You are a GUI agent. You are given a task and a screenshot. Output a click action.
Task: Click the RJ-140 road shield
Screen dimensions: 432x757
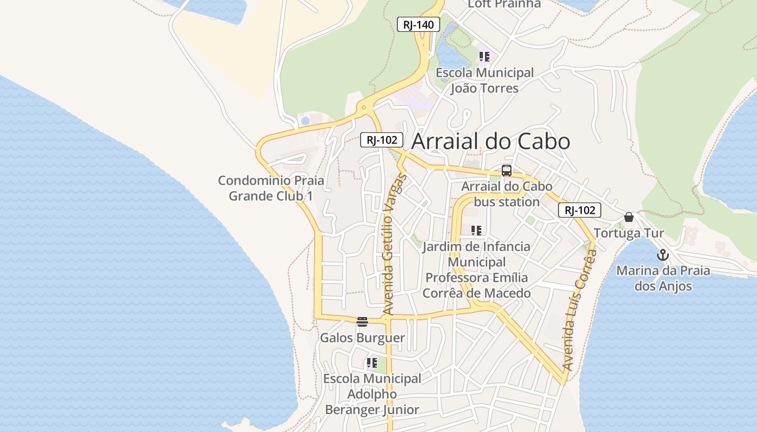tap(419, 24)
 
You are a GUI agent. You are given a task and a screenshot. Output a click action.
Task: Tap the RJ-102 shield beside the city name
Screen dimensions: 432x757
tap(382, 140)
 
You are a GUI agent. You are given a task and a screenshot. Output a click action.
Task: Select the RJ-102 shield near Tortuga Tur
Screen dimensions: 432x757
tap(580, 210)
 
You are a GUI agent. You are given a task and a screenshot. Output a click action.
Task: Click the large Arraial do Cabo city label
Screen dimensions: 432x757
tap(490, 141)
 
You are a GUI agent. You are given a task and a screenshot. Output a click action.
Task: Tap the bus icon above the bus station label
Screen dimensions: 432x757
tap(507, 171)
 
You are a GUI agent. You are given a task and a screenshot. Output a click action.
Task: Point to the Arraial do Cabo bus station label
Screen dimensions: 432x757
tap(507, 194)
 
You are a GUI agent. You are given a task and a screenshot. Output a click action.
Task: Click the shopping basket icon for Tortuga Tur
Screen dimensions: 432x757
tap(628, 217)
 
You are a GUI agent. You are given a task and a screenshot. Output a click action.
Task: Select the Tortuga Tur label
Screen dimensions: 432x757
tap(629, 233)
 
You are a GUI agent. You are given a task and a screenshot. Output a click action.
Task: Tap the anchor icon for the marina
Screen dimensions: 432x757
tap(663, 255)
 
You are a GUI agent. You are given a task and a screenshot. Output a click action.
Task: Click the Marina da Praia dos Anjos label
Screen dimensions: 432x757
tap(663, 278)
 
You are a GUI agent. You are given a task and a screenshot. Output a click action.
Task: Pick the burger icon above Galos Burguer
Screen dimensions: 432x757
tap(362, 322)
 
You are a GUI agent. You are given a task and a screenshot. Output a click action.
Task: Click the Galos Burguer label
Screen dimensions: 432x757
tap(362, 338)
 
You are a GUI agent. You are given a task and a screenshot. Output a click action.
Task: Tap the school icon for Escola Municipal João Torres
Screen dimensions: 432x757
tap(484, 56)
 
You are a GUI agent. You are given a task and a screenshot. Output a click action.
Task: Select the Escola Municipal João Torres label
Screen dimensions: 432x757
tap(484, 80)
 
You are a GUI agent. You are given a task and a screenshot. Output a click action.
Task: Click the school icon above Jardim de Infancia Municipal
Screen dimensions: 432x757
tap(476, 231)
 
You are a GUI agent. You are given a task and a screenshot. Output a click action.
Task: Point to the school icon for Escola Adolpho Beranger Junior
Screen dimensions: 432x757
tap(371, 363)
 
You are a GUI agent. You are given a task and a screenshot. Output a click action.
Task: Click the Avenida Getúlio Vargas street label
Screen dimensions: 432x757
tap(393, 245)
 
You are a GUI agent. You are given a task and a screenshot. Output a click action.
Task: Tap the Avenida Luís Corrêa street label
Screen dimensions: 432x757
tap(579, 313)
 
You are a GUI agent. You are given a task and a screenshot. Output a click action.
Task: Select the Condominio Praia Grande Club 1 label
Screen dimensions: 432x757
tap(271, 188)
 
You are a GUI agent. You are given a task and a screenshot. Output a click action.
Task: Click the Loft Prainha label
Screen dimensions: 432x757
tap(504, 4)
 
